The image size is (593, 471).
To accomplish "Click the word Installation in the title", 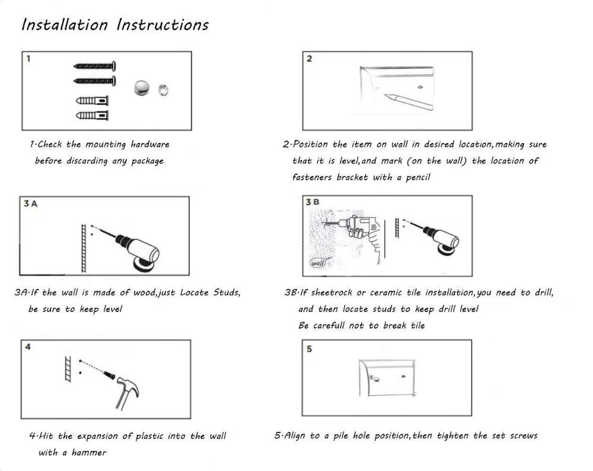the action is pos(65,25).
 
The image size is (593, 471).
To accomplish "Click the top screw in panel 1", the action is pos(94,66).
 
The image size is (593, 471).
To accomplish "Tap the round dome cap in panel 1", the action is pos(142,88).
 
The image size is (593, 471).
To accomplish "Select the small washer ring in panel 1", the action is pos(164,90).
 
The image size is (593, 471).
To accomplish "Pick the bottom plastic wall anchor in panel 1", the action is pos(93,116).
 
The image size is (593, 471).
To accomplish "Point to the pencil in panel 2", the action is pos(409,102).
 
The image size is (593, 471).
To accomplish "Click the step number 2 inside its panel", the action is pos(310,59).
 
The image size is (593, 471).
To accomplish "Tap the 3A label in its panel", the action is pos(31,203).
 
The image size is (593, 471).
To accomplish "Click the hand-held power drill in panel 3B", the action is pos(359,234).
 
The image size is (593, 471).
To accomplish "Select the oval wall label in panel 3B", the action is pos(318,263).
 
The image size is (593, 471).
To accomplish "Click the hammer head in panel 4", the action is pos(127,387).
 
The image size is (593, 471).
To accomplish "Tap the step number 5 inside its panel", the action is pos(309,349).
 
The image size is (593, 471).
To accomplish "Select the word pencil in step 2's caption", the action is pos(418,177).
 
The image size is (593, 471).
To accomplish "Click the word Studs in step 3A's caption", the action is pos(227,292).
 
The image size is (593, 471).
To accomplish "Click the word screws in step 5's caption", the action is pos(524,436).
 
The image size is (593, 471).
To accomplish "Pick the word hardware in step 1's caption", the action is pos(150,144).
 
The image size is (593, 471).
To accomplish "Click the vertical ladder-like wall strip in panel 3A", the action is pos(84,248).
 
